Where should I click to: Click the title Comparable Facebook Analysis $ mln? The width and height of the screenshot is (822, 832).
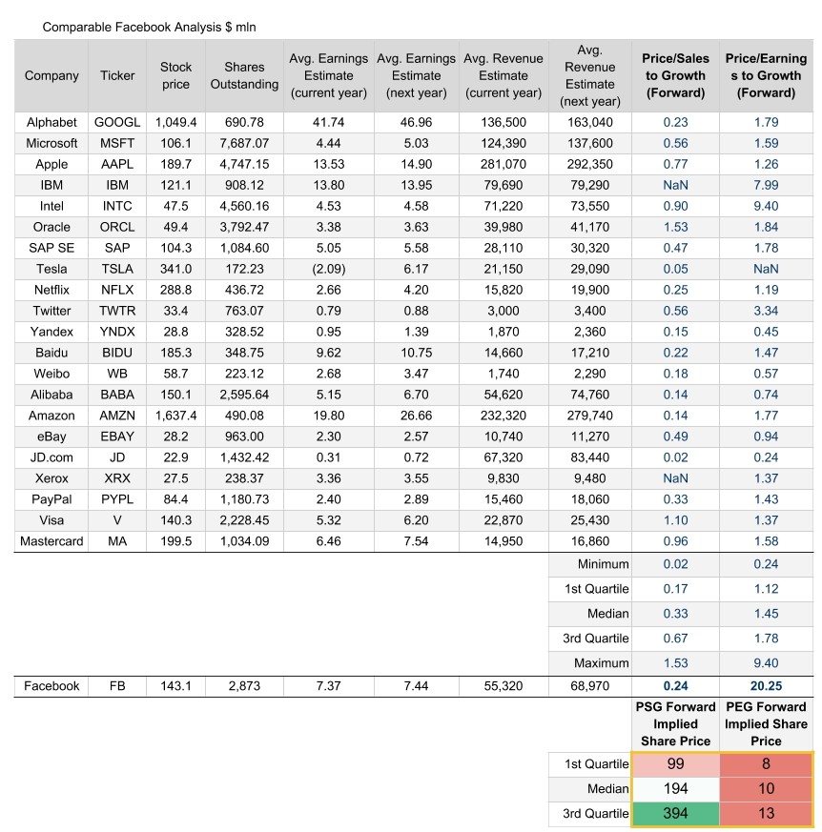click(149, 27)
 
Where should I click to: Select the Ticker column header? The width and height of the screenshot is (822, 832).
click(117, 75)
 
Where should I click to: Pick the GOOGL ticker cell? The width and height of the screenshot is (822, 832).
click(117, 122)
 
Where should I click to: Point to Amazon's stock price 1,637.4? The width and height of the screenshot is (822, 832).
click(175, 416)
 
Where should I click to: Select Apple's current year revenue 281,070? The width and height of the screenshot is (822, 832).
click(503, 164)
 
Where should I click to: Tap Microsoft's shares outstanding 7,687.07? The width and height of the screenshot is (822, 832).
click(243, 143)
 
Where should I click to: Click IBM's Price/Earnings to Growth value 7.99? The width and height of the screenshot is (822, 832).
click(766, 185)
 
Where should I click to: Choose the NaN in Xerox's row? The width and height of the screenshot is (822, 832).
click(675, 478)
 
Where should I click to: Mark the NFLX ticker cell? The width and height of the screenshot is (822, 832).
click(117, 290)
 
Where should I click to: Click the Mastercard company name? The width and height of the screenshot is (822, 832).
click(51, 541)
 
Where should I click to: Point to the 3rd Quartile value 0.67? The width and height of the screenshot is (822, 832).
click(675, 639)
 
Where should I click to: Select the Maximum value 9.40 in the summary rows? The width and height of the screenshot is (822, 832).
click(766, 663)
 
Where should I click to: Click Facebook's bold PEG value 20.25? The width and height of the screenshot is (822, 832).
click(766, 686)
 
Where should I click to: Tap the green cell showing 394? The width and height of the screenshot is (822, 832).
click(675, 813)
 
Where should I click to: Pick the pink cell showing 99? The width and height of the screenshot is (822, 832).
click(675, 763)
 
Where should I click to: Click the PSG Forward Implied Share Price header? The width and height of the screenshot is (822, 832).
click(675, 723)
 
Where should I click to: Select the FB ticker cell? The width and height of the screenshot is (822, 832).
click(117, 686)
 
